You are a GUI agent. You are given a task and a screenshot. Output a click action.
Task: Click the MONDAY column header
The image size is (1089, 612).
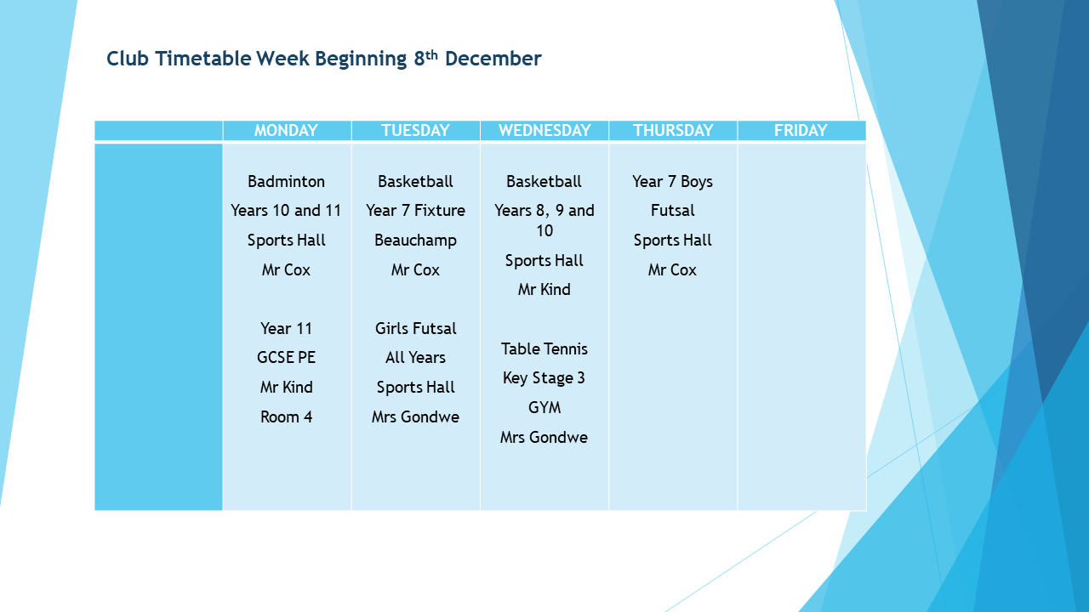click(x=286, y=130)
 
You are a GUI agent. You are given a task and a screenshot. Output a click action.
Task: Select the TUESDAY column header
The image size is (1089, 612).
click(x=415, y=130)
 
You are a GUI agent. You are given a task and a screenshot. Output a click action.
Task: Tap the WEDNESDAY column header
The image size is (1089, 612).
click(x=544, y=130)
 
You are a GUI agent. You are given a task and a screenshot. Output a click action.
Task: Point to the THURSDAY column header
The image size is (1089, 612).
click(x=673, y=130)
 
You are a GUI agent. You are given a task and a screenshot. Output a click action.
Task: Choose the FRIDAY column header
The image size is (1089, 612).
click(x=801, y=130)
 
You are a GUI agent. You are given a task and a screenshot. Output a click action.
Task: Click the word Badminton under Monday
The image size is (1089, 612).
click(x=287, y=182)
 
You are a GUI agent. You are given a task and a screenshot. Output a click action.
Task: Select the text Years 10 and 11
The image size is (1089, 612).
click(x=286, y=211)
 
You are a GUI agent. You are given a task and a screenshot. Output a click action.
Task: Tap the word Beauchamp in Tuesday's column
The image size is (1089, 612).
click(x=416, y=241)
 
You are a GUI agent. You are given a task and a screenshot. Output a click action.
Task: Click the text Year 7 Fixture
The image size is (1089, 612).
click(x=416, y=211)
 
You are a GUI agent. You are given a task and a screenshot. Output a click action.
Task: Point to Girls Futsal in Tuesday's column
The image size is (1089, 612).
click(x=416, y=329)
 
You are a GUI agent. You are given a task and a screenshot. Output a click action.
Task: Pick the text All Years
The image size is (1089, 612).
click(x=416, y=358)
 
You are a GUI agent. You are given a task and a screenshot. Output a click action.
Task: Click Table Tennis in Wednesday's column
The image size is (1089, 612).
click(x=544, y=349)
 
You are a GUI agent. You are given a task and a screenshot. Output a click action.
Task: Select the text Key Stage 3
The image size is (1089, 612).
click(x=544, y=378)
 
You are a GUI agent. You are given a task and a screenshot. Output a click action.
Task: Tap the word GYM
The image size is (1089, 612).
click(x=544, y=407)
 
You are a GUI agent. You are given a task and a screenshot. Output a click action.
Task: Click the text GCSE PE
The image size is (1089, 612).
click(x=287, y=358)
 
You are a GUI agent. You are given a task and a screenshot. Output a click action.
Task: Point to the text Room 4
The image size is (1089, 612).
click(x=287, y=417)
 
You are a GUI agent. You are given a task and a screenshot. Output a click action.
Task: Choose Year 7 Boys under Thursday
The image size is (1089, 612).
click(x=672, y=182)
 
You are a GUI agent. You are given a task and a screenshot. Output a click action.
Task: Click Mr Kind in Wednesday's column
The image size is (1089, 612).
click(x=544, y=290)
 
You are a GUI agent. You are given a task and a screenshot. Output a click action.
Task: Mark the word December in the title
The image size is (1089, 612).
click(x=493, y=59)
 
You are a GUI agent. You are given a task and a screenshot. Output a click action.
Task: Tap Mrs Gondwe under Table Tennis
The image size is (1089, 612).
click(x=544, y=438)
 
